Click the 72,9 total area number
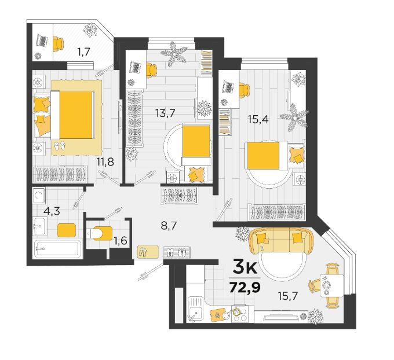click(x=245, y=287)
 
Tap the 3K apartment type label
click(x=245, y=267)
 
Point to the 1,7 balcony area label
click(x=83, y=53)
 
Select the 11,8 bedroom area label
click(x=105, y=162)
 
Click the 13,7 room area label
click(x=165, y=113)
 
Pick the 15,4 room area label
click(x=258, y=119)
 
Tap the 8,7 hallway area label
click(x=169, y=226)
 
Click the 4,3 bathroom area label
click(x=52, y=211)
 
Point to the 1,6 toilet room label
click(x=120, y=241)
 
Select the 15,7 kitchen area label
click(x=288, y=296)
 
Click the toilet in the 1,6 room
click(x=100, y=233)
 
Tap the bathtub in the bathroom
click(x=57, y=248)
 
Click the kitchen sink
click(x=196, y=309)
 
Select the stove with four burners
click(x=239, y=314)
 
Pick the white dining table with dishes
click(x=331, y=286)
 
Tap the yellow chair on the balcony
click(x=59, y=43)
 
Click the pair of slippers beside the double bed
click(x=60, y=146)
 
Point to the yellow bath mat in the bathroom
click(x=67, y=230)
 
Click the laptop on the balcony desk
click(x=42, y=41)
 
